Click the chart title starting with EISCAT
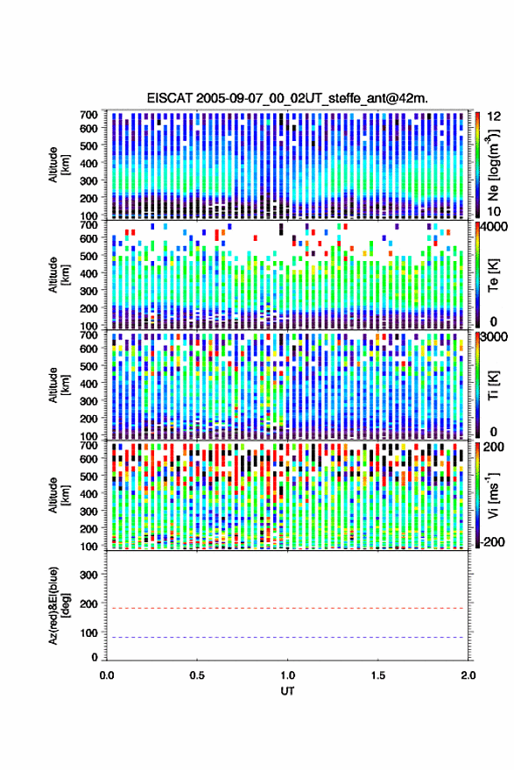(x=287, y=98)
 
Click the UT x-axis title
(x=287, y=691)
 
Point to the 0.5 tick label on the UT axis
(x=197, y=675)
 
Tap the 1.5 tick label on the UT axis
(x=378, y=675)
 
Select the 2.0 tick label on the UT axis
(x=468, y=675)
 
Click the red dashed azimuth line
(x=287, y=608)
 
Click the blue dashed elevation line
(x=287, y=638)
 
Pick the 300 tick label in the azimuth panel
(x=88, y=575)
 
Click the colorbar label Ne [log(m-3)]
(x=493, y=165)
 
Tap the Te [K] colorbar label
(x=493, y=275)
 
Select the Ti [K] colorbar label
(x=493, y=385)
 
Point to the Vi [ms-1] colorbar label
(x=493, y=495)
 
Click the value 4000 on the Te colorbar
(x=493, y=228)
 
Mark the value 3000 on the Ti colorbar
(x=493, y=337)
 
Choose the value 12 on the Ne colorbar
(x=494, y=117)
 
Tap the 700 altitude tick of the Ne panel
(x=88, y=115)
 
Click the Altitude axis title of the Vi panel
(x=59, y=495)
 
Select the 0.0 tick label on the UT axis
(x=107, y=675)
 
